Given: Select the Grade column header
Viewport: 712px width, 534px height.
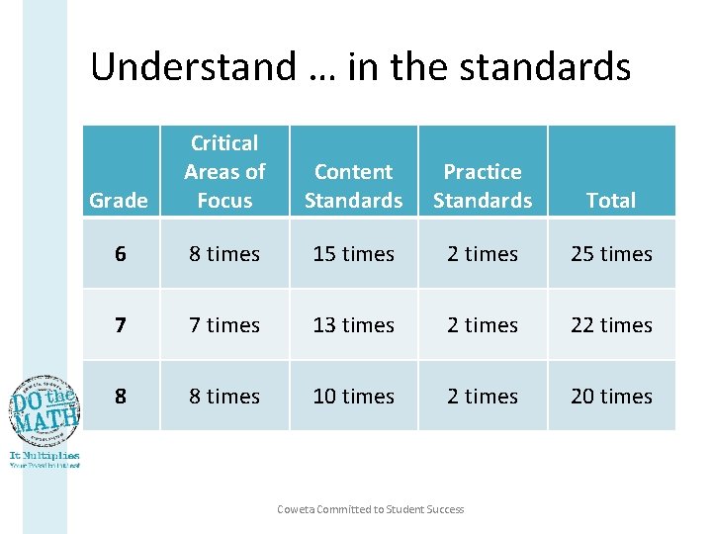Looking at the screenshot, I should click(119, 200).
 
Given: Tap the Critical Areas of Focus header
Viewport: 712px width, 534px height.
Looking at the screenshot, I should click(224, 171).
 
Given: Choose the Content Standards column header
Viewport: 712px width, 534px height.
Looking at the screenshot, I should click(354, 186).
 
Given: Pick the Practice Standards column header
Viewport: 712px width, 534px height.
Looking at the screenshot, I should click(483, 186).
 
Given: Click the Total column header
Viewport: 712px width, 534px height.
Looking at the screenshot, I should click(611, 200).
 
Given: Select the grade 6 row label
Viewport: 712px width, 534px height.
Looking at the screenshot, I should click(120, 254).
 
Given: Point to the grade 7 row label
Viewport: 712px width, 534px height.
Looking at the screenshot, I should click(120, 325).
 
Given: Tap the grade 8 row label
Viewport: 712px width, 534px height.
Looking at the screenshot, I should click(120, 397).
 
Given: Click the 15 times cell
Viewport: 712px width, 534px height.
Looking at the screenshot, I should click(354, 254).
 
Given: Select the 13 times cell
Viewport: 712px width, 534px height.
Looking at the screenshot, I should click(354, 325).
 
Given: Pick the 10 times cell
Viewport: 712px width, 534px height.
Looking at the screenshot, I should click(354, 397).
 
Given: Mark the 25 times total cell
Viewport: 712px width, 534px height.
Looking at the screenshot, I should click(611, 254).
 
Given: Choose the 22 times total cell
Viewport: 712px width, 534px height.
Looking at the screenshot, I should click(611, 325).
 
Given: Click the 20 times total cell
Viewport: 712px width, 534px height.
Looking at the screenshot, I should click(611, 397).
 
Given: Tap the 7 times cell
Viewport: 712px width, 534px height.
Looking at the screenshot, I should click(224, 325).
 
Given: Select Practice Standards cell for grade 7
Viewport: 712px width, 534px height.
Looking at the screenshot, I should click(483, 325).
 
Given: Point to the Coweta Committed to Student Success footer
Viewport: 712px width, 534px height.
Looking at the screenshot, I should click(371, 509).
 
